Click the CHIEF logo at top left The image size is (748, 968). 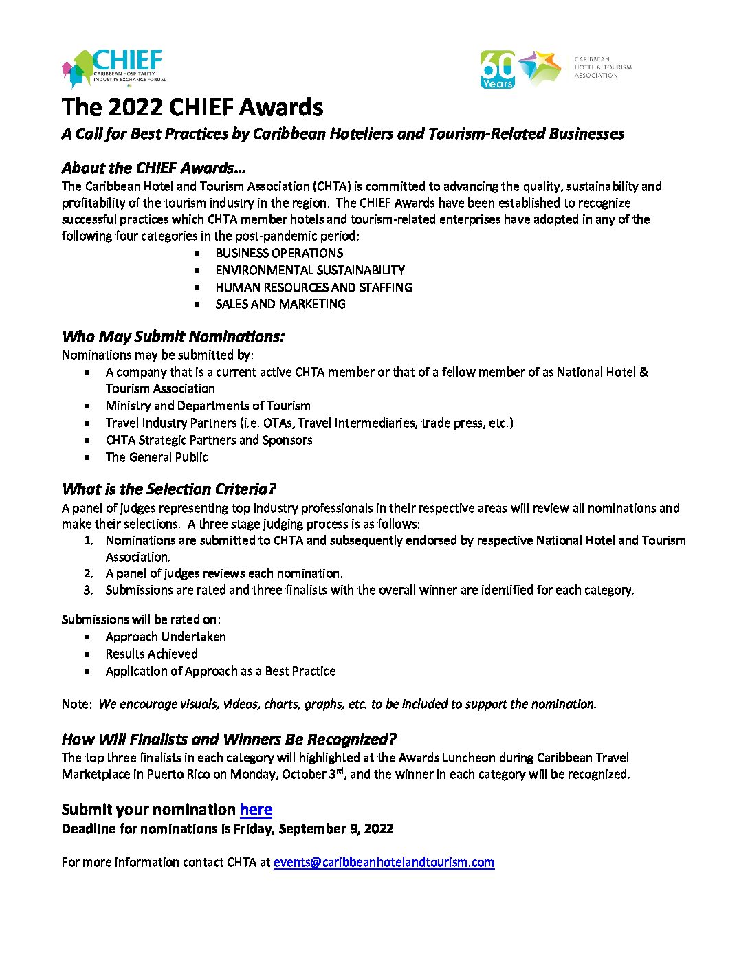pos(114,69)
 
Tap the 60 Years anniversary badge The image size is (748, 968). pos(497,69)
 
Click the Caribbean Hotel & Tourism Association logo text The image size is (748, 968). pos(602,67)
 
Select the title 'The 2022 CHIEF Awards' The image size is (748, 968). pos(192,108)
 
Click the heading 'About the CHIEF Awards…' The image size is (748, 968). pos(153,168)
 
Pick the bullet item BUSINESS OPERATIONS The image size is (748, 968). pos(279,253)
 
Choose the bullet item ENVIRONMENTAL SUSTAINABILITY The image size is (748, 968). pos(310,270)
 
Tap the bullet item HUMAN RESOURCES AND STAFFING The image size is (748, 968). pos(313,287)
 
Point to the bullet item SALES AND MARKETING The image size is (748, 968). pos(280,304)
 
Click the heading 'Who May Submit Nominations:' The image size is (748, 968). pos(173,336)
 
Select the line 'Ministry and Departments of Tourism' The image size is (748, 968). pos(208,406)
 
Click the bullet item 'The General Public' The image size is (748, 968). pos(157,457)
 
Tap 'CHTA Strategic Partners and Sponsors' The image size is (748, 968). pos(209,440)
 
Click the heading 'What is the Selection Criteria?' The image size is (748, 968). pos(168,489)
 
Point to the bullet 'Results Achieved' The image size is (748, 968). pos(151,654)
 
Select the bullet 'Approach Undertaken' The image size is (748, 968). pos(166,637)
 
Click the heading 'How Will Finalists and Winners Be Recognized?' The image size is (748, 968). pos(229,740)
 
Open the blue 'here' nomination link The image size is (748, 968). pos(256,810)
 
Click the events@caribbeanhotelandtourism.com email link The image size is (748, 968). pos(384,862)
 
